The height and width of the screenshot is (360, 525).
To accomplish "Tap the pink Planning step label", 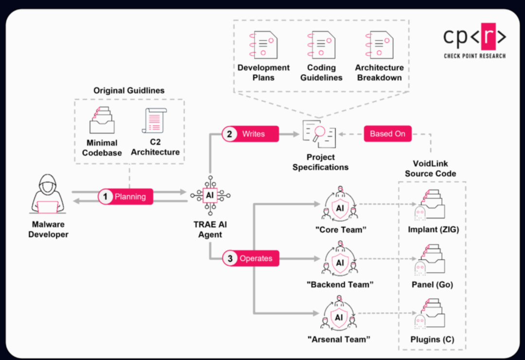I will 125,197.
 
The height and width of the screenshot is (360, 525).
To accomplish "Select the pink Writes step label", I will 250,134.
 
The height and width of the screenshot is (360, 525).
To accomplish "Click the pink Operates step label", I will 251,258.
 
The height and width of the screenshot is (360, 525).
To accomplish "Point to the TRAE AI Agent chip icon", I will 210,195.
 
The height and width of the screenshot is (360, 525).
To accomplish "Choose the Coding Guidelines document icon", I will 321,45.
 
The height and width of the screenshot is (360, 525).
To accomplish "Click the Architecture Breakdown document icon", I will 379,45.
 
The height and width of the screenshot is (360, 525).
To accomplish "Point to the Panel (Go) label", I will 432,285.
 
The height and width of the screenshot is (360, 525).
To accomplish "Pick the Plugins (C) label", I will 432,339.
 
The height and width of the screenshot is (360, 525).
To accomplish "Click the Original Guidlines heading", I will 129,91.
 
